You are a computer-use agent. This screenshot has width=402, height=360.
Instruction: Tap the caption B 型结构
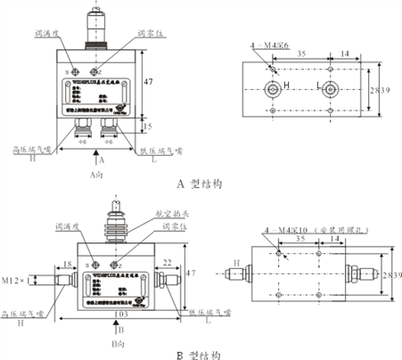point(199,354)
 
